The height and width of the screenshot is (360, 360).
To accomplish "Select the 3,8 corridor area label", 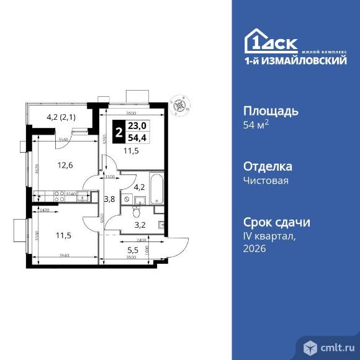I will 109,199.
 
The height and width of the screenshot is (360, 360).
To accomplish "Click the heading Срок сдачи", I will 275,222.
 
